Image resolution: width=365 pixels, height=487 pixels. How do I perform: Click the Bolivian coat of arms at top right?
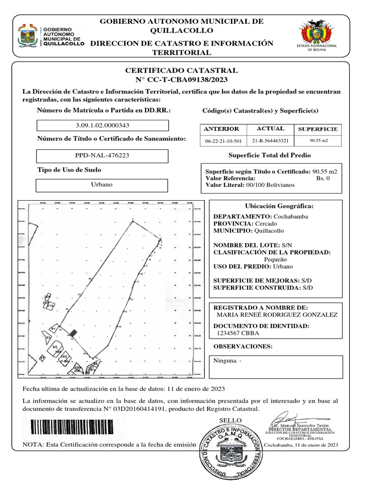[x=317, y=34]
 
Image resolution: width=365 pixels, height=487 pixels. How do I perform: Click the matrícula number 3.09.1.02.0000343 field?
[x=103, y=126]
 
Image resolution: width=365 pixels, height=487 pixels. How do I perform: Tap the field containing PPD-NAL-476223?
[x=103, y=156]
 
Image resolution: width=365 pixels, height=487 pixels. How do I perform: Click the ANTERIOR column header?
[x=221, y=129]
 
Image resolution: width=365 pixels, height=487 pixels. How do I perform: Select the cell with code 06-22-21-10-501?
[x=223, y=141]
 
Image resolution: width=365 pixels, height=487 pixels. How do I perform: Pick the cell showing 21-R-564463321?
[x=270, y=141]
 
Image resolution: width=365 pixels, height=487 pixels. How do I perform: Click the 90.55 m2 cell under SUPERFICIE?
[x=318, y=141]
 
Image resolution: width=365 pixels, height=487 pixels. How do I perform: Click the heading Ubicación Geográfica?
[x=279, y=206]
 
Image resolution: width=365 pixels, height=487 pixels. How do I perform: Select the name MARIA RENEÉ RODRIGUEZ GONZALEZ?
[x=277, y=315]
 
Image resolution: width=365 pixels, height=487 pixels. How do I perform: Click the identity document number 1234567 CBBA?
[x=234, y=333]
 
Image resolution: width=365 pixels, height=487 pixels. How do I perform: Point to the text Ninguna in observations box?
[x=227, y=361]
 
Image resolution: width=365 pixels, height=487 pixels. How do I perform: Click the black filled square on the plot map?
[x=73, y=333]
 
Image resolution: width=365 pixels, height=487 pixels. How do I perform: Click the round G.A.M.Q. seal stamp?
[x=230, y=452]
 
